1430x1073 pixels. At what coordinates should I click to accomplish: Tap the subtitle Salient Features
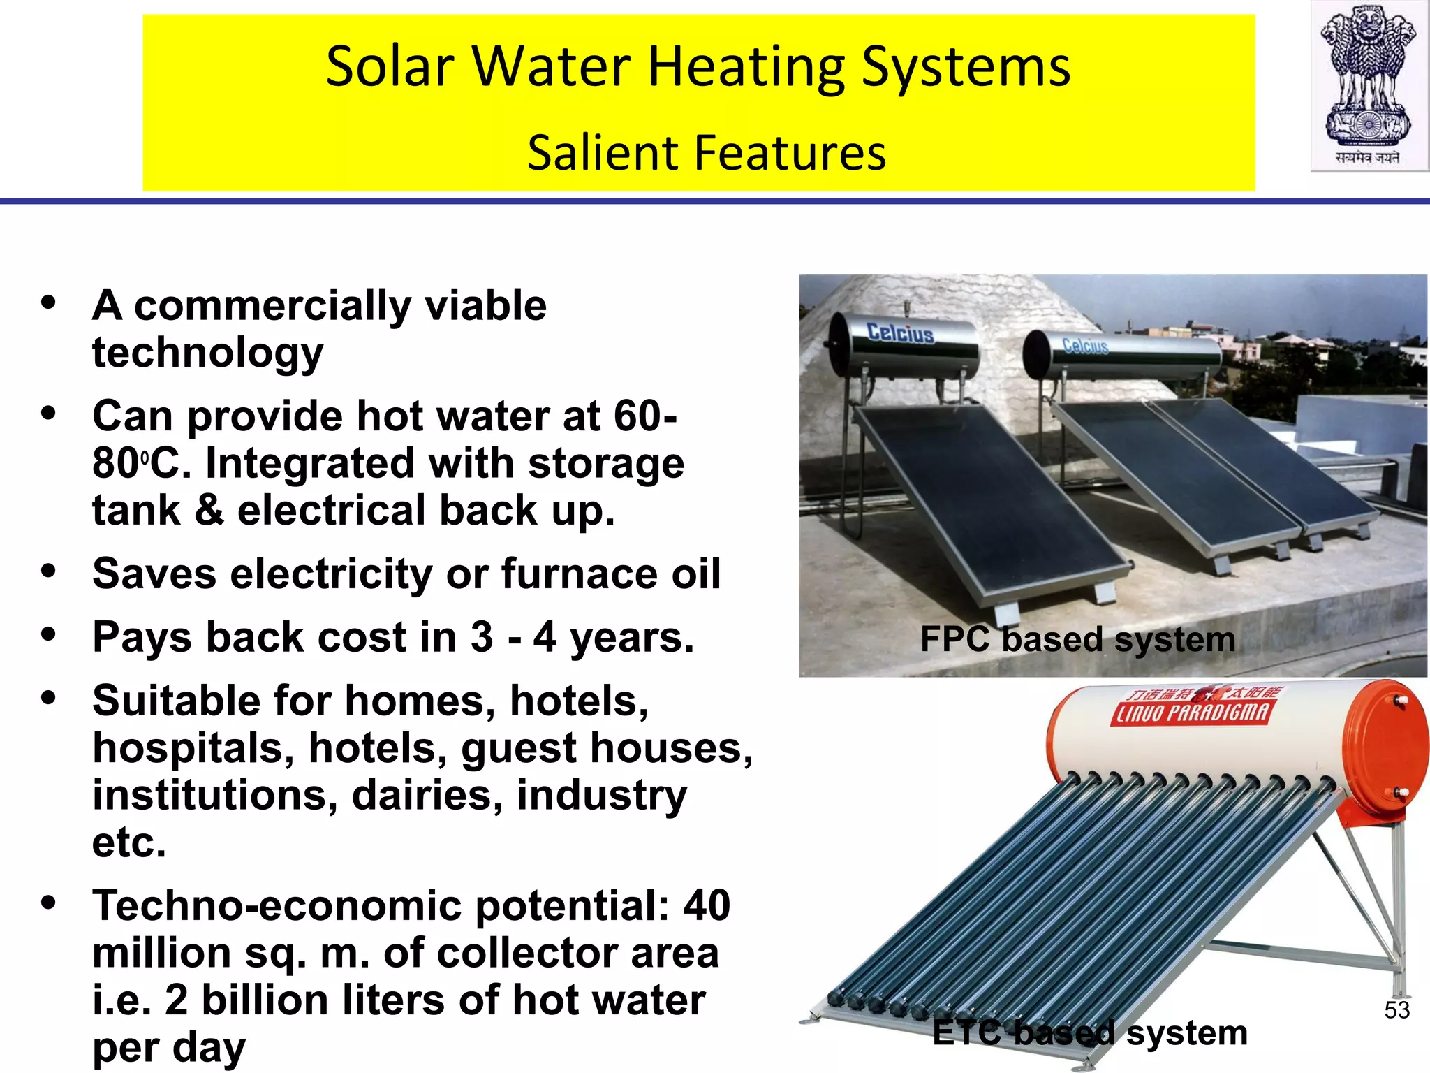pos(706,153)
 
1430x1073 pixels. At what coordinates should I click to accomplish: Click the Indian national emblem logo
pos(1368,84)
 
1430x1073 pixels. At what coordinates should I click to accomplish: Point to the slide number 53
pos(1396,1010)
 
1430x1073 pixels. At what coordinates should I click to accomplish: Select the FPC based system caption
pos(1077,639)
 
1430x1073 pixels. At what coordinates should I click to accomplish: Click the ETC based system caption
pos(1089,1033)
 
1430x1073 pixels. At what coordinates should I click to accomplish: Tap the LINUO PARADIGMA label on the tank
pos(1191,712)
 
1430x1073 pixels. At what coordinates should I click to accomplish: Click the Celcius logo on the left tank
pos(900,333)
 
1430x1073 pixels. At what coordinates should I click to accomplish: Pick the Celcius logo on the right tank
pos(1085,345)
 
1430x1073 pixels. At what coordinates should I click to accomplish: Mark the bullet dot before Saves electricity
pos(48,571)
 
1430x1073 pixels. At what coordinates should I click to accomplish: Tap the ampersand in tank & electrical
pos(209,510)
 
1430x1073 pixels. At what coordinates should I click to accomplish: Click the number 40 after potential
pos(706,905)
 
